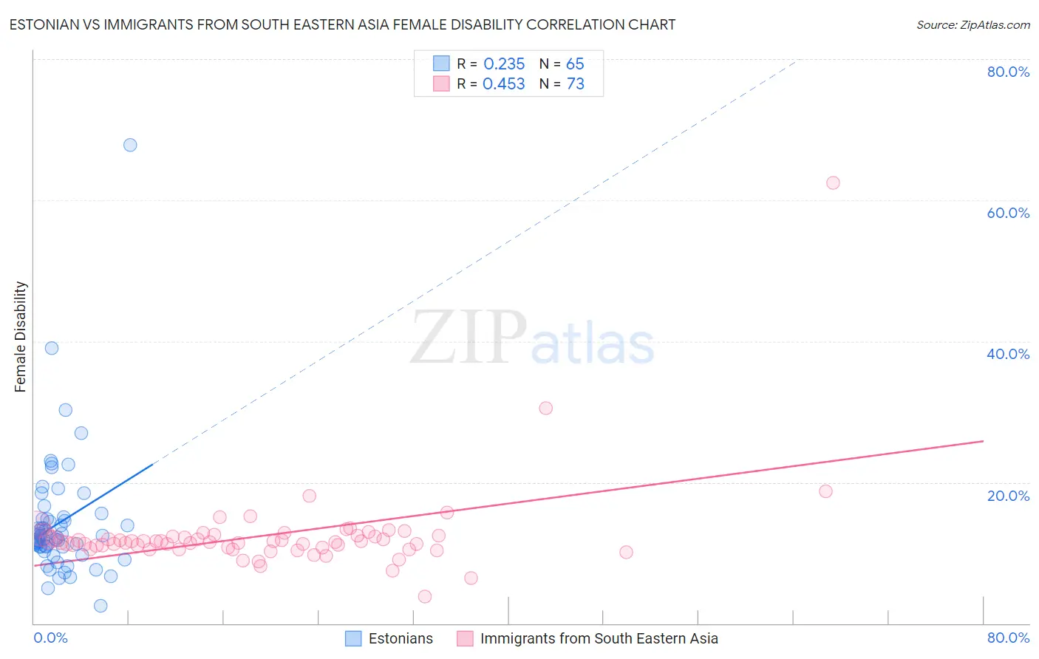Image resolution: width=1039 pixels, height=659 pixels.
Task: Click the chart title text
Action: click(342, 25)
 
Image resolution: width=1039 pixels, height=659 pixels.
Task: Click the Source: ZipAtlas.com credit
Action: click(972, 25)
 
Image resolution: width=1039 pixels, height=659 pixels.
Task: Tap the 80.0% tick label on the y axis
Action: click(1008, 72)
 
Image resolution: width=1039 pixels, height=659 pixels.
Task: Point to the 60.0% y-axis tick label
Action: click(1008, 213)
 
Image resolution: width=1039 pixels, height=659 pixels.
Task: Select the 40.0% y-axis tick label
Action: click(1008, 354)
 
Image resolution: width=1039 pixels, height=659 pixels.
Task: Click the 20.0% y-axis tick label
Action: click(1008, 495)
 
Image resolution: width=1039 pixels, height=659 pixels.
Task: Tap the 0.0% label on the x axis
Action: click(50, 638)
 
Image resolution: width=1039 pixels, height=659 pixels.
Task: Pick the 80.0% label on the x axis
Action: click(1008, 638)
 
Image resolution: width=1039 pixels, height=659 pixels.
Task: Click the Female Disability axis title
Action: click(21, 337)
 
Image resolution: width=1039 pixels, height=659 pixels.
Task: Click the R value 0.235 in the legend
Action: click(504, 64)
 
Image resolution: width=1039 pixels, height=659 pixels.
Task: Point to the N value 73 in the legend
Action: click(575, 84)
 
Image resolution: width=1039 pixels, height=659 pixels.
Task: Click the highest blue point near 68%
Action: click(130, 145)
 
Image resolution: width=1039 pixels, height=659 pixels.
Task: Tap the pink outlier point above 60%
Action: click(833, 183)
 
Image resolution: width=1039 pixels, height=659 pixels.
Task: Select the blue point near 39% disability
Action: click(52, 348)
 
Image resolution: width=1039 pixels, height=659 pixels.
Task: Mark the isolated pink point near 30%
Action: click(546, 408)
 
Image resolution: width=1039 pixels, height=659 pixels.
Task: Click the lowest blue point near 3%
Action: click(101, 606)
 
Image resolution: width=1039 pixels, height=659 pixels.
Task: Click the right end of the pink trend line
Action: click(983, 441)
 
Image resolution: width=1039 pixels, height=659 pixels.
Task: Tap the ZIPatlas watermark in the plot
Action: click(532, 338)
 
